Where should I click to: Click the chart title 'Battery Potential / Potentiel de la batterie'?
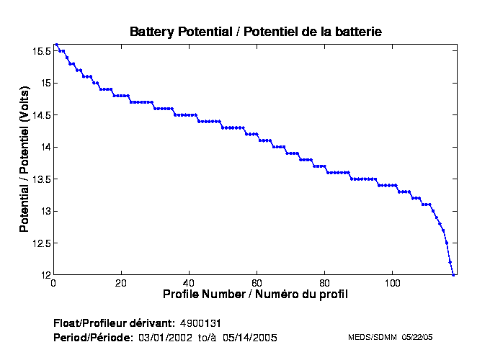(256, 32)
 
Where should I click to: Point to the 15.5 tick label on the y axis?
(41, 51)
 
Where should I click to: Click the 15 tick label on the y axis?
(45, 84)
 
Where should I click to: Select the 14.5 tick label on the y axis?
(41, 115)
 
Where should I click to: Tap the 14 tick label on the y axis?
(45, 148)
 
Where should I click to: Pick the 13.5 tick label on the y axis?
(41, 179)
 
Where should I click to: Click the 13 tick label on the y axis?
(45, 211)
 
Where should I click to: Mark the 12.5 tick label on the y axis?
(41, 243)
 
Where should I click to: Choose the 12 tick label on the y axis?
(45, 275)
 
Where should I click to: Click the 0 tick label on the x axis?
(53, 283)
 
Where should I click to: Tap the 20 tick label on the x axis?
(121, 283)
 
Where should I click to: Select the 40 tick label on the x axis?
(189, 283)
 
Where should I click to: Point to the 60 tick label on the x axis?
(257, 283)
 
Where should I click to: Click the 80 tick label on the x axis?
(325, 283)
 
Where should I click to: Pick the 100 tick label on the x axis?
(393, 283)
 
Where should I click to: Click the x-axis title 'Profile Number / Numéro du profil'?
(255, 294)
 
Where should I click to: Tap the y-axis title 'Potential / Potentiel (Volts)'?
(24, 160)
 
